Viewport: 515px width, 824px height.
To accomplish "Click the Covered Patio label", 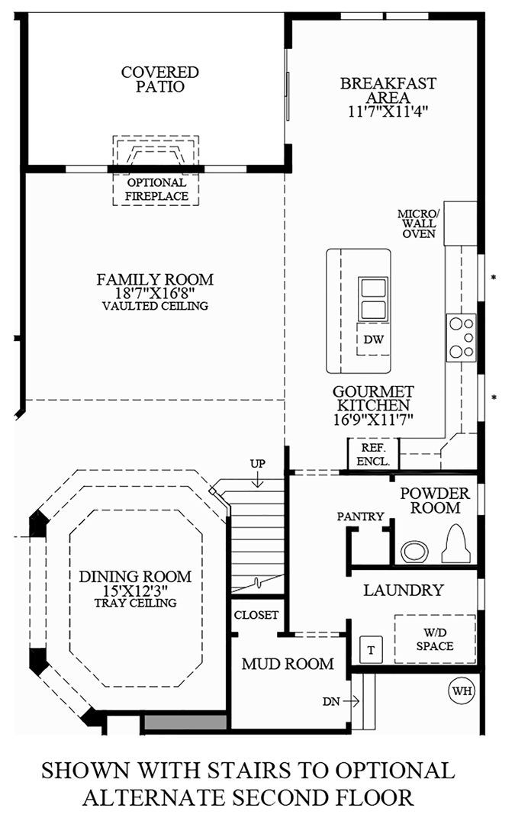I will point(160,79).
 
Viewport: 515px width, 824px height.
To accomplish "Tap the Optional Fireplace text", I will point(156,189).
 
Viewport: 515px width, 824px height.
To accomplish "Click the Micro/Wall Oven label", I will point(418,223).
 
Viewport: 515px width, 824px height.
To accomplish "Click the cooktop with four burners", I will point(461,336).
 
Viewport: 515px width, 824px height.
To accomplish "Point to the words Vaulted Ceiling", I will point(155,307).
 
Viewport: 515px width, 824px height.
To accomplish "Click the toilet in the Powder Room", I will point(455,542).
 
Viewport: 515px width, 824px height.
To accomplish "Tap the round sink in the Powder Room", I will point(415,550).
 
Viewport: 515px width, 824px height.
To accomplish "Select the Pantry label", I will point(361,517).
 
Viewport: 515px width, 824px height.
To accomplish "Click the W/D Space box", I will point(435,639).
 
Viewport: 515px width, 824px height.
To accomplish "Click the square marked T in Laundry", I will point(371,649).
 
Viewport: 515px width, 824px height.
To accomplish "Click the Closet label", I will point(256,615).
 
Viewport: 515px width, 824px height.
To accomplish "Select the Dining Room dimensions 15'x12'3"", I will point(136,590).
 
